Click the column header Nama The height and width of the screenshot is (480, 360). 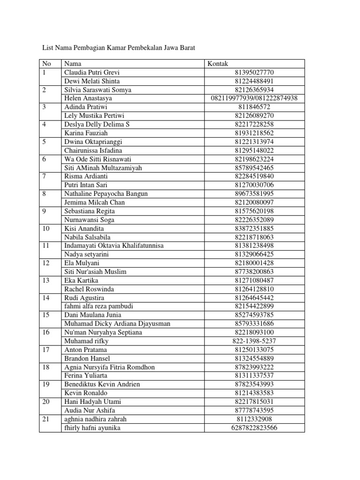[x=73, y=64]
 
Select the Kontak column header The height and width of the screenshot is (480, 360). [x=217, y=64]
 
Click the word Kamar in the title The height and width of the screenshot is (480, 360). [x=120, y=48]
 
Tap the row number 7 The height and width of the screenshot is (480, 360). [x=45, y=176]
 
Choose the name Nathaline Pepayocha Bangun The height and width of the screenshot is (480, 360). [x=106, y=194]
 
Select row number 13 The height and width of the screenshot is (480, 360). [x=46, y=280]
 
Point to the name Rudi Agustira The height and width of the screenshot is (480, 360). [x=84, y=298]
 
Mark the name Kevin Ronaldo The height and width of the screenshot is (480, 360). [x=86, y=393]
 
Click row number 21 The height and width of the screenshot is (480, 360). [x=46, y=419]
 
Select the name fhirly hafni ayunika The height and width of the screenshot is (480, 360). [x=92, y=427]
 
